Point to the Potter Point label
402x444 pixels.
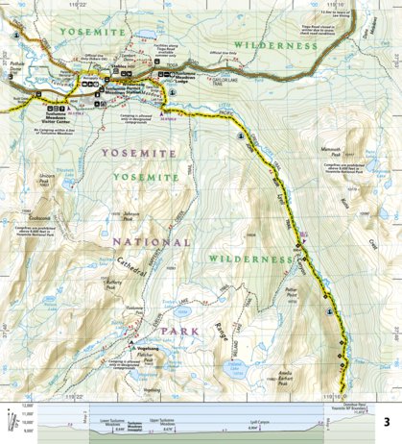point(294,291)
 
